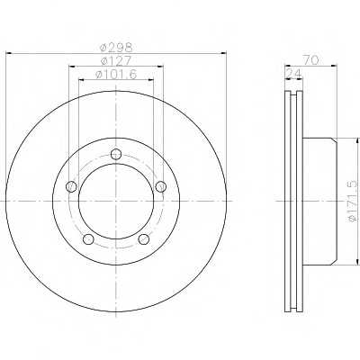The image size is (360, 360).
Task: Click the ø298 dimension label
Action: (116, 47)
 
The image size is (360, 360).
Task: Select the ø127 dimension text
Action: (116, 60)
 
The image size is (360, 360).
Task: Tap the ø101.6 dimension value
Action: (116, 75)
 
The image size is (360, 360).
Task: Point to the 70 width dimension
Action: (310, 60)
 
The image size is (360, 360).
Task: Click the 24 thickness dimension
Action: (294, 73)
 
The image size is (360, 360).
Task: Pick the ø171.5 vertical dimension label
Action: (355, 201)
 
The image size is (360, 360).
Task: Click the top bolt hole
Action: (116, 155)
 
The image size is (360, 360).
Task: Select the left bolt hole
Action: (71, 187)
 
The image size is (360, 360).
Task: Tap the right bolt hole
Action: (160, 186)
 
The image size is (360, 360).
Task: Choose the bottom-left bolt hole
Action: (88, 239)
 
